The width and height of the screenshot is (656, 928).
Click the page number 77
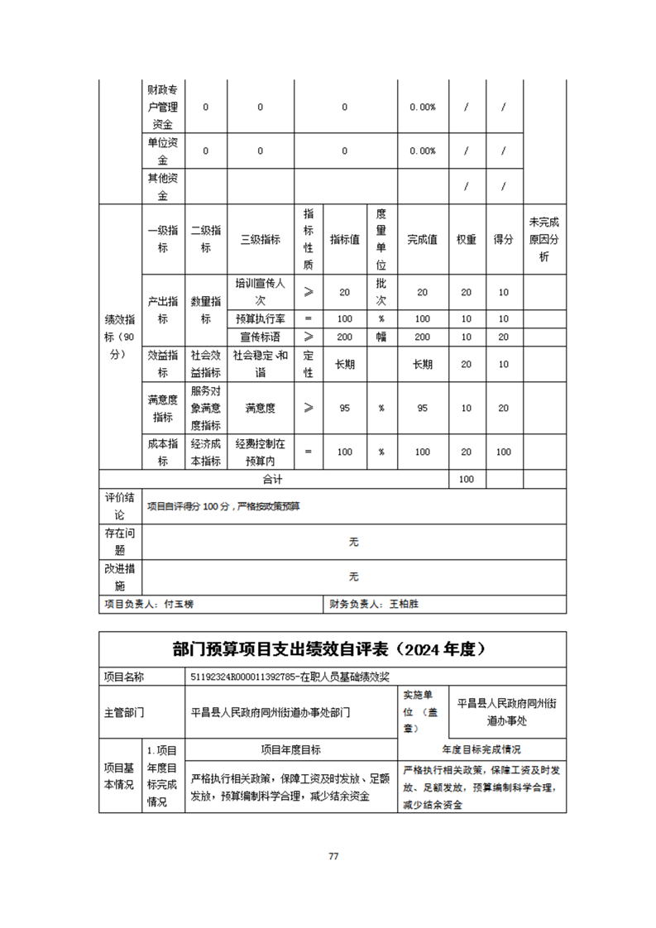(333, 856)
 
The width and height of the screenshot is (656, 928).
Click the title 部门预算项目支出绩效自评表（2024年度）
(333, 650)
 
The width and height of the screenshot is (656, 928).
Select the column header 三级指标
(260, 240)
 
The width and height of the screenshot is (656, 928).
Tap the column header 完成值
(422, 240)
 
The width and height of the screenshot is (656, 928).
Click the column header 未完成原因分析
(544, 240)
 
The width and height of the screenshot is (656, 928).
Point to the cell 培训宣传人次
(260, 292)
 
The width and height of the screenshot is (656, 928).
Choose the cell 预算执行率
(260, 318)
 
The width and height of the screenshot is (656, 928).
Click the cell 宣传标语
(260, 337)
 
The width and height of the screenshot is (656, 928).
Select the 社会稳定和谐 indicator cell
(260, 364)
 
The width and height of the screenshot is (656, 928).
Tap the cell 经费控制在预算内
(260, 452)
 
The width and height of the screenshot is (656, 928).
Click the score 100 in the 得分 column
(503, 452)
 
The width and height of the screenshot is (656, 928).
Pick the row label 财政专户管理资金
(163, 107)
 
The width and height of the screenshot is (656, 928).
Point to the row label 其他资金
(163, 187)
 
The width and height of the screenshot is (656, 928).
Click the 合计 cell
(273, 479)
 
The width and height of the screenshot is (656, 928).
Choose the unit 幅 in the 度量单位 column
(381, 337)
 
